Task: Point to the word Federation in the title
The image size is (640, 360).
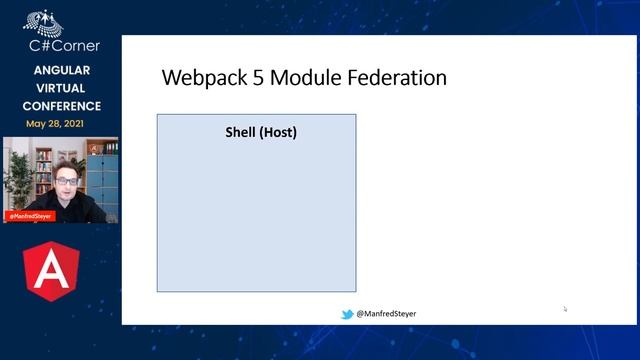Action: click(398, 78)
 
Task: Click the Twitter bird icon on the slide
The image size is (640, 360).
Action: click(347, 314)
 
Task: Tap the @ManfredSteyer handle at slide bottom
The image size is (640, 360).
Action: click(386, 314)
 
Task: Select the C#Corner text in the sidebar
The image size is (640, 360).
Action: click(61, 45)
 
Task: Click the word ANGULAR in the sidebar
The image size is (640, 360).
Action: click(62, 71)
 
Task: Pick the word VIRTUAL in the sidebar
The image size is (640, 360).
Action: click(62, 88)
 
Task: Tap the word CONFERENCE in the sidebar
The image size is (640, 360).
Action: click(62, 106)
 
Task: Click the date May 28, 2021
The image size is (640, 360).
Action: click(62, 124)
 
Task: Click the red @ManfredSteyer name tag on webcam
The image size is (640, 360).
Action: click(29, 215)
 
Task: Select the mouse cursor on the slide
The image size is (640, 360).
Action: click(564, 309)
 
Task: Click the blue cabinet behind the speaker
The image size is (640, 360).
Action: click(104, 175)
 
